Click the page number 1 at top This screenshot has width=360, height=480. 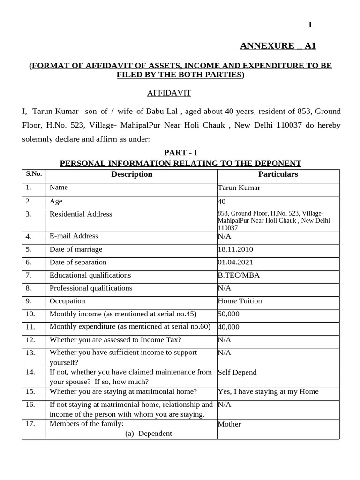point(310,25)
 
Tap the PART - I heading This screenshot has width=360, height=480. point(180,153)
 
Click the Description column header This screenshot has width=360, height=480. point(132,174)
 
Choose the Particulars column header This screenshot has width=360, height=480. point(278,174)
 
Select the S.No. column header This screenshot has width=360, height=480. point(34,174)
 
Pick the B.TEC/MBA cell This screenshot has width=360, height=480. point(239,275)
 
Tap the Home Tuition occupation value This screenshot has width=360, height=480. point(240,301)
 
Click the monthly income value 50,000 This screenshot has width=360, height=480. point(229,314)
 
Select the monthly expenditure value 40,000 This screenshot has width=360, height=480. point(229,327)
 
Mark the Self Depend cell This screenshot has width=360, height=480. point(237,372)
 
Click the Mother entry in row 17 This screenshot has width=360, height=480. point(230,424)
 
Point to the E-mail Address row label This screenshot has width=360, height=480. point(74,236)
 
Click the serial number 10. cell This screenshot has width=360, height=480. point(30,314)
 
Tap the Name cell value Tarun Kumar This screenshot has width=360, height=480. point(239,188)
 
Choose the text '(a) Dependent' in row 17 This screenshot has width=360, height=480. point(148,434)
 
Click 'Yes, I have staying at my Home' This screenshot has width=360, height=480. point(268,391)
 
